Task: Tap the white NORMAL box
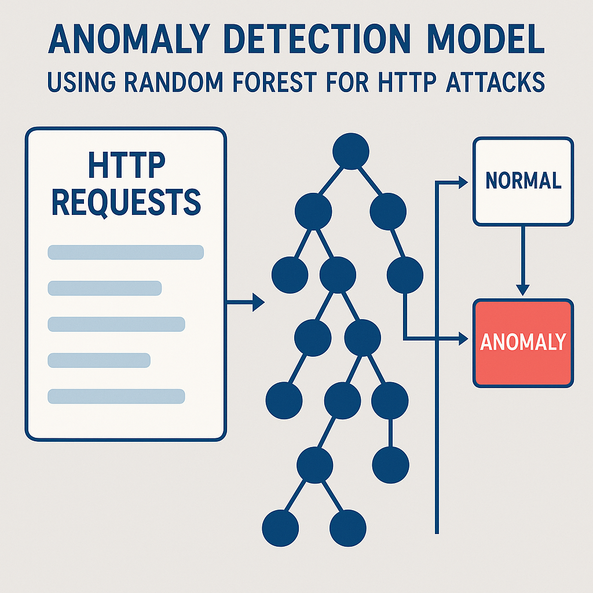click(x=523, y=181)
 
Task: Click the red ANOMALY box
click(x=523, y=342)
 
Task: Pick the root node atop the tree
click(x=351, y=151)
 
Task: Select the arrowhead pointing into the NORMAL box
click(x=462, y=182)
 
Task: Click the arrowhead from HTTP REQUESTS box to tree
click(x=258, y=302)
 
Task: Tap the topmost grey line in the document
click(x=126, y=252)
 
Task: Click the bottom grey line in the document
click(x=116, y=396)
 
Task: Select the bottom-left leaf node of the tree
click(x=280, y=528)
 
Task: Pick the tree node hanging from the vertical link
click(x=390, y=463)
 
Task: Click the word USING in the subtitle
click(x=78, y=82)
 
